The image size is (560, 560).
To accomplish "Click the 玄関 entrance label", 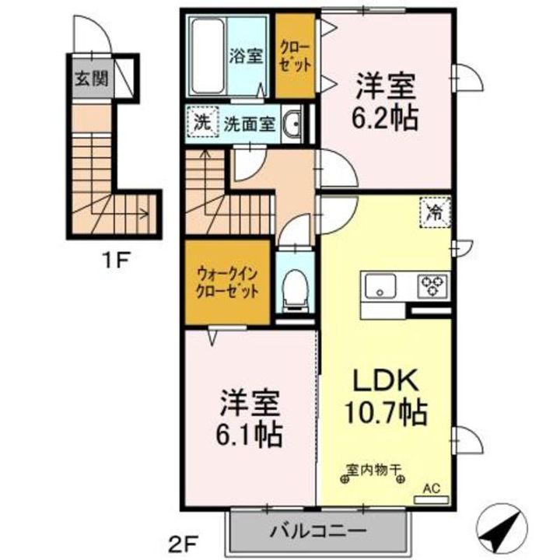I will [91, 78].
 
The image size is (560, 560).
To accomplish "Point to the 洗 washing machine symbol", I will [201, 122].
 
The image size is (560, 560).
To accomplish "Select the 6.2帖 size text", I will [387, 117].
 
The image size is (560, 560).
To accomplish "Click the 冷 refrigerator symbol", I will [432, 212].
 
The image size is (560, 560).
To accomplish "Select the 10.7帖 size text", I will [387, 412].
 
